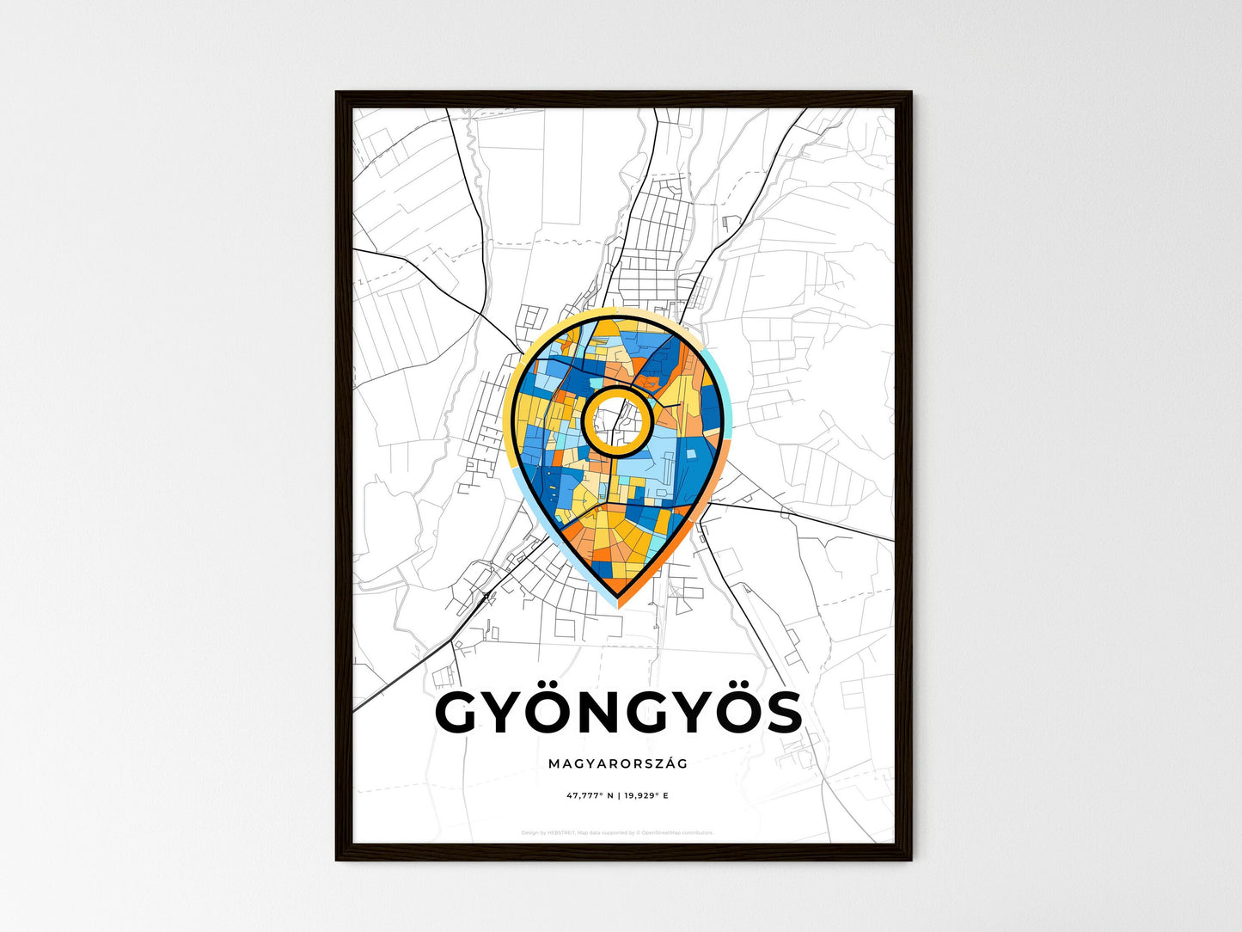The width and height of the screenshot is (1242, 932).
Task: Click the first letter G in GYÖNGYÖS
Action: (x=460, y=713)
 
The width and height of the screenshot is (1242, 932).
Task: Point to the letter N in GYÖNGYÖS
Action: (x=593, y=713)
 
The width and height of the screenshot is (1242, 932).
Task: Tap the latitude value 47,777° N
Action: (x=590, y=796)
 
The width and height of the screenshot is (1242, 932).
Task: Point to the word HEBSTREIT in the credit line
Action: (x=562, y=832)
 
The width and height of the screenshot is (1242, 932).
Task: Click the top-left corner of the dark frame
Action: (x=337, y=93)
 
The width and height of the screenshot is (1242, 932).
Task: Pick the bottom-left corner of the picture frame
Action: (x=337, y=859)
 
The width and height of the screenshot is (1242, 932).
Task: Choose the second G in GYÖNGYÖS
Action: (x=642, y=713)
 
